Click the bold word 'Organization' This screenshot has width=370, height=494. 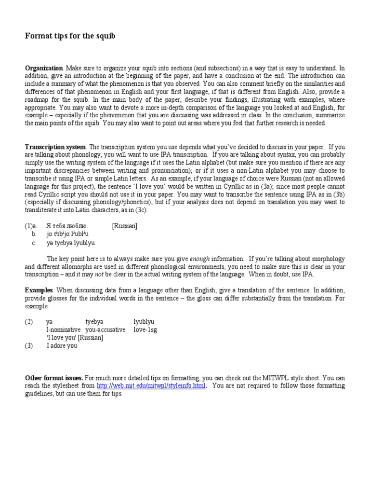(x=44, y=69)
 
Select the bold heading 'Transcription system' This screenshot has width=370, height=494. (x=55, y=147)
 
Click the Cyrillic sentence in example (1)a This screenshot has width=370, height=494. (x=67, y=225)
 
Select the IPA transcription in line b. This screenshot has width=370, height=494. (x=67, y=234)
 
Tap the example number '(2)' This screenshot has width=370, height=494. (x=29, y=321)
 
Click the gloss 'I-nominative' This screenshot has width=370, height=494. (x=64, y=329)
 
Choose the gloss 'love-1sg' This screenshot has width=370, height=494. (x=145, y=329)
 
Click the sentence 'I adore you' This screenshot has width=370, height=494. (x=62, y=346)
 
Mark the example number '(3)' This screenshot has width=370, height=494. (x=29, y=346)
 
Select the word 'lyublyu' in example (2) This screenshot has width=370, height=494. (x=144, y=321)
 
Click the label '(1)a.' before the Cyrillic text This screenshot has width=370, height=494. (x=32, y=225)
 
